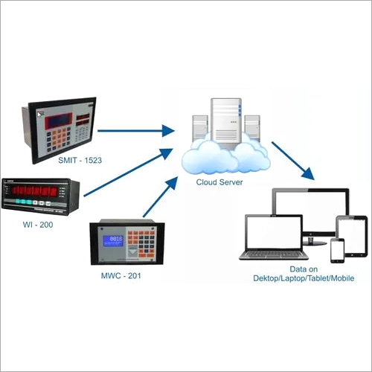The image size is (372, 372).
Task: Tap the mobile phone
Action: [336, 249]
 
